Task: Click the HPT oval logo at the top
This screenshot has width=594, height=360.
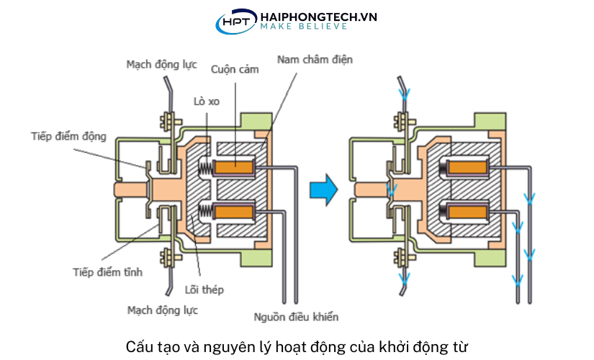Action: click(235, 21)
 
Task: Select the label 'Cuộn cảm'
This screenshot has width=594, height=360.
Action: click(235, 70)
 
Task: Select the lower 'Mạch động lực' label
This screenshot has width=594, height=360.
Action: click(161, 310)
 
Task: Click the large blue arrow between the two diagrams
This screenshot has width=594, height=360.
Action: click(323, 189)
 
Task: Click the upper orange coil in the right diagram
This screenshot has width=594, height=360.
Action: click(470, 168)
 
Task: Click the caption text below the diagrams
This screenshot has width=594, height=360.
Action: click(297, 346)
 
